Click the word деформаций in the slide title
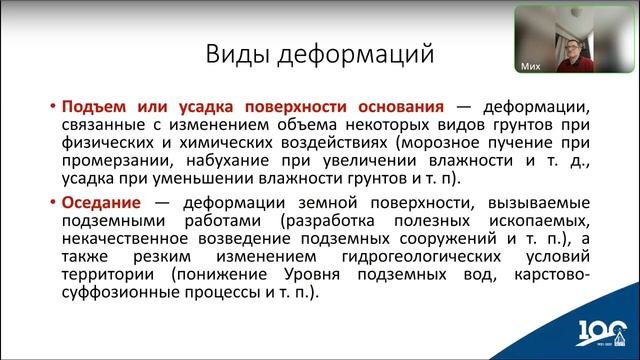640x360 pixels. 335,53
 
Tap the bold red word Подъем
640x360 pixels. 91,106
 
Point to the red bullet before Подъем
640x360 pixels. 52,106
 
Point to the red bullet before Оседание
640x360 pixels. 52,201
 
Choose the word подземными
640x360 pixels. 110,220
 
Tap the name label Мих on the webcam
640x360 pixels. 532,67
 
